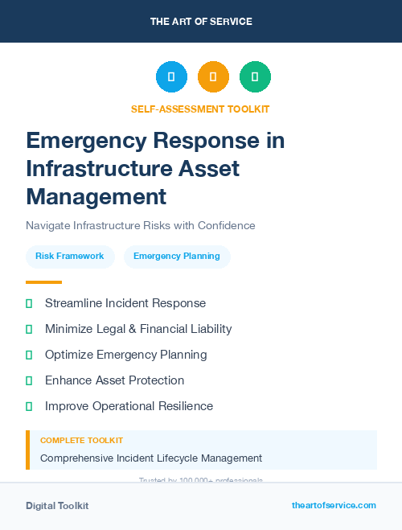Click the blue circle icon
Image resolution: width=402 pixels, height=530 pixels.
pos(171,76)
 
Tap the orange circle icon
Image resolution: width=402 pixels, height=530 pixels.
pos(213,76)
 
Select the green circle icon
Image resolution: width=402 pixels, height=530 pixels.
pos(255,76)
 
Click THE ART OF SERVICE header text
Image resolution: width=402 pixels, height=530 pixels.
pos(201,22)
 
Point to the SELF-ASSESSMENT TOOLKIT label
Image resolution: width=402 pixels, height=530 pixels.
pos(200,109)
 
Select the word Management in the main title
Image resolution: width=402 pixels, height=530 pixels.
pos(96,195)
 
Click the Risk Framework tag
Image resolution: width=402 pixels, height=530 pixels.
pos(70,257)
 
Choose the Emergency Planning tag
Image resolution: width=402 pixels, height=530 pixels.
pos(177,257)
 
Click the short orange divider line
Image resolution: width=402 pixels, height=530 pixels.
pos(43,282)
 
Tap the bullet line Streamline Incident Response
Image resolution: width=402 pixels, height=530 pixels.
pos(125,303)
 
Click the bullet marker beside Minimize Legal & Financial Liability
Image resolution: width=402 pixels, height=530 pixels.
pos(29,329)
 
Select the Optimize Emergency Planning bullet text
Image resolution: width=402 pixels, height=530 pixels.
pos(125,355)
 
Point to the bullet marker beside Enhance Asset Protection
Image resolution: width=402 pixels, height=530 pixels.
pos(29,380)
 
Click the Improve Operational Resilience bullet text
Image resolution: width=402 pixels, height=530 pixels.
pos(129,406)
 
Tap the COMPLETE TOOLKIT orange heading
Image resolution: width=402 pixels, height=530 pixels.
pos(81,441)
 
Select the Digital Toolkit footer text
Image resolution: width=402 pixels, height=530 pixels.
pos(57,506)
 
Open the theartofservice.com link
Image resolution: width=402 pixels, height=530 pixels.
pos(334,505)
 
